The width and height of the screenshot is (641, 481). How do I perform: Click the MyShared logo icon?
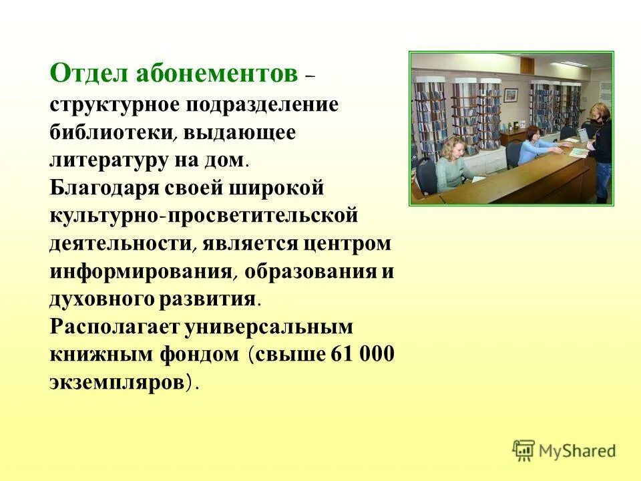pyautogui.click(x=523, y=451)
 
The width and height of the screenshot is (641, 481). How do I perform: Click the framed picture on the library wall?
pyautogui.click(x=511, y=95)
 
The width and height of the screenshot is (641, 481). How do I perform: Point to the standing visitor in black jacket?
pyautogui.click(x=599, y=147)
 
